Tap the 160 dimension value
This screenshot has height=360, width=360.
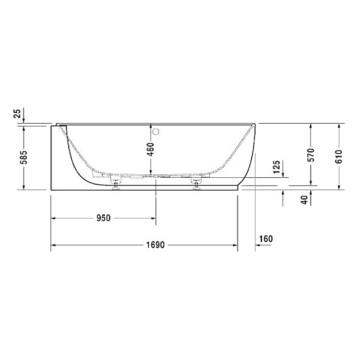click(266, 239)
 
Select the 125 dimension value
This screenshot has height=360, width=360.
click(277, 168)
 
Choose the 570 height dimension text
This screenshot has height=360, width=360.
click(311, 157)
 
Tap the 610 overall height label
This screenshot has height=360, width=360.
click(339, 157)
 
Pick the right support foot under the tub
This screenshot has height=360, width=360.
click(195, 184)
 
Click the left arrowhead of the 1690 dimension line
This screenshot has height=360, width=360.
click(53, 245)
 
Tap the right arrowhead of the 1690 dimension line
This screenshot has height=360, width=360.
click(235, 245)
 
